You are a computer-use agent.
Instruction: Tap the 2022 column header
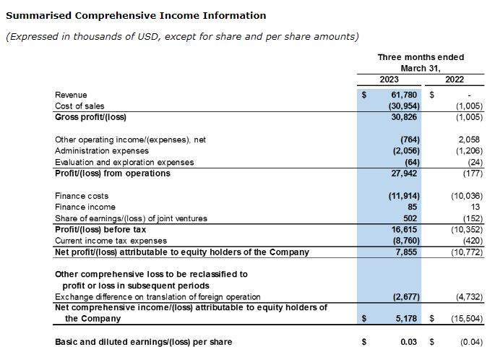pos(455,80)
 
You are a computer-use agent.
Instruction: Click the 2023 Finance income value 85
pos(413,207)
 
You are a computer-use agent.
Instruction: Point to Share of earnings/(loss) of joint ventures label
pos(121,218)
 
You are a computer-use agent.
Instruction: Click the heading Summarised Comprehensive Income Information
pos(136,15)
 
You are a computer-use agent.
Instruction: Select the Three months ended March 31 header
pos(421,62)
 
